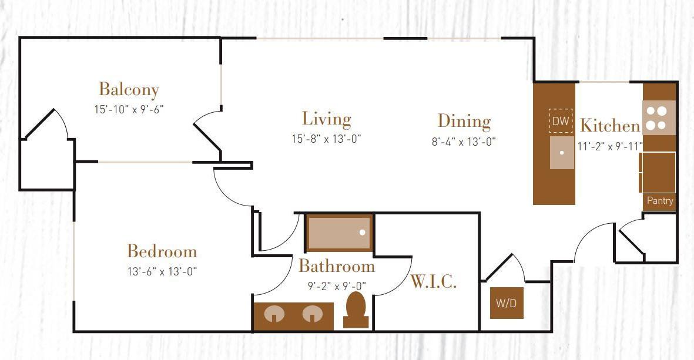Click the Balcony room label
tap(129, 90)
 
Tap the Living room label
tap(327, 119)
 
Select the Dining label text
tap(464, 122)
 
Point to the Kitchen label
tap(609, 126)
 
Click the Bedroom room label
tap(162, 252)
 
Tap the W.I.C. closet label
tap(433, 282)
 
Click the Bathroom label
tap(336, 267)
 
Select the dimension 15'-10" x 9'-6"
tap(128, 109)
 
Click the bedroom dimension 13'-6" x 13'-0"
tap(162, 271)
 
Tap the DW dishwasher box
tap(561, 122)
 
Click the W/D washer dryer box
tap(507, 303)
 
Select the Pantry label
tap(660, 201)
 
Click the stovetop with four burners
tap(659, 117)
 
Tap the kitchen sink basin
tap(562, 153)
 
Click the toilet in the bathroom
tap(356, 309)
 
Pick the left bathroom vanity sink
tap(274, 315)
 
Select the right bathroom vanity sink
tap(313, 315)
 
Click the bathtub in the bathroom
tap(340, 233)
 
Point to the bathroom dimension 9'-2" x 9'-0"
tap(337, 287)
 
